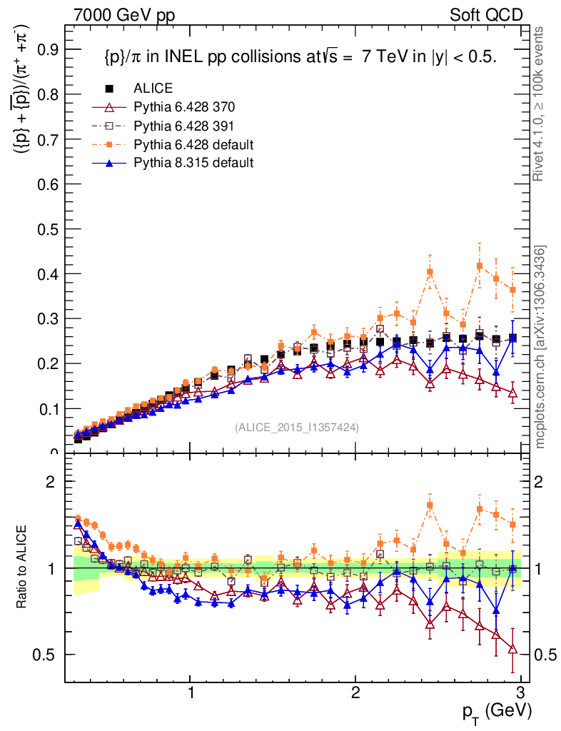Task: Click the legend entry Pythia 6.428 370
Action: [x=183, y=108]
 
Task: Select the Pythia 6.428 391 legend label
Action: [x=183, y=126]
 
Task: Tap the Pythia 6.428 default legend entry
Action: [x=193, y=145]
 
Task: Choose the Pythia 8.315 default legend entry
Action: [x=193, y=163]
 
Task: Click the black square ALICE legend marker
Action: [x=110, y=89]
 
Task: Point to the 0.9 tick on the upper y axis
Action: [x=48, y=49]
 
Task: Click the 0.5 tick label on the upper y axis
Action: [x=48, y=229]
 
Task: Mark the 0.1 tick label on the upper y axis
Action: [x=48, y=409]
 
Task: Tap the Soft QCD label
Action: [x=485, y=14]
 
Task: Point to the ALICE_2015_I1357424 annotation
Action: [x=296, y=428]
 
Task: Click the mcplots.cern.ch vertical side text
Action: [x=540, y=346]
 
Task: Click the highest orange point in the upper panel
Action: [x=480, y=266]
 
